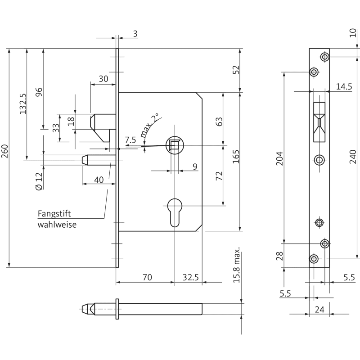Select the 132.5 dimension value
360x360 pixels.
pos(23,104)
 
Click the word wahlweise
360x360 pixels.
pos(57,224)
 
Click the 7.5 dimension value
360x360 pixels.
pos(130,140)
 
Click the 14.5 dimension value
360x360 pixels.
pos(344,86)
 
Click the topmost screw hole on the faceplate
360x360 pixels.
pos(324,57)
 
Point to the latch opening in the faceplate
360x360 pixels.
pos(319,121)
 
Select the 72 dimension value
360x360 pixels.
pos(219,175)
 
